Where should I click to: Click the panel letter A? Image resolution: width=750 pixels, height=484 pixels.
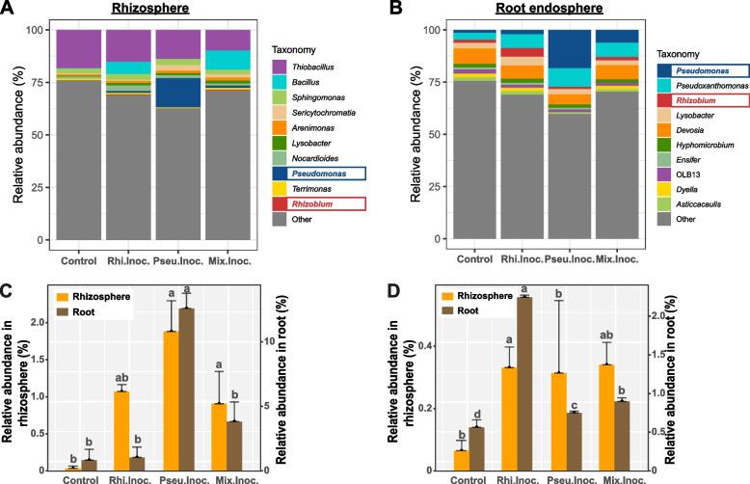(9, 9)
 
